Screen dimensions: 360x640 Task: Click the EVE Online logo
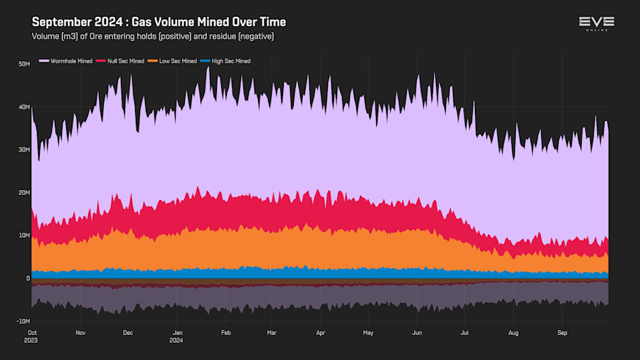coord(596,23)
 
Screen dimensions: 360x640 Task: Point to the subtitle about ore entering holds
coord(153,36)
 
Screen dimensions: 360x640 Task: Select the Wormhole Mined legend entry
coord(70,61)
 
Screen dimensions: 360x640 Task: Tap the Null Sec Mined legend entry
coord(126,61)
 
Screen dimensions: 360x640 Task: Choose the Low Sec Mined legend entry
coord(177,61)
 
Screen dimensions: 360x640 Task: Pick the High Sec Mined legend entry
coord(230,61)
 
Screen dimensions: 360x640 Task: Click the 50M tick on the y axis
coord(23,64)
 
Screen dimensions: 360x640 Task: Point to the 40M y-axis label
coord(23,107)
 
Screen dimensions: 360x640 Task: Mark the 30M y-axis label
coord(23,150)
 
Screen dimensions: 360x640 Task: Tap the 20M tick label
coord(23,193)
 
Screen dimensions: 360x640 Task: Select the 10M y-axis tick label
coord(23,235)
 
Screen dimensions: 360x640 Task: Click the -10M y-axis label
coord(23,321)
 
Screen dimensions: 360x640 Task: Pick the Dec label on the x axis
coord(128,332)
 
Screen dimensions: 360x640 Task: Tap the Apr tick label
coord(321,332)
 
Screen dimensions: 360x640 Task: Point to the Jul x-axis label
coord(465,332)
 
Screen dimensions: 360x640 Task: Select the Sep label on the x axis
coord(562,332)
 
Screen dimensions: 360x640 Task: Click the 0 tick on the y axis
coord(28,278)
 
